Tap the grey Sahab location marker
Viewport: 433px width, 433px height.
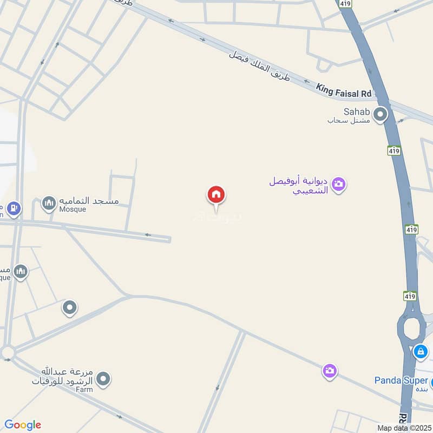pos(381,114)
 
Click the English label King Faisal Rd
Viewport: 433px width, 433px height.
pos(345,90)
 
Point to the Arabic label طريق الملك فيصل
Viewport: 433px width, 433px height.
pos(259,68)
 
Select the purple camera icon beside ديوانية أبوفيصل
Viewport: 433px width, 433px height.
pos(339,185)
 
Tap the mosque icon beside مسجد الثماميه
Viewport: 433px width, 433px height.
pos(49,204)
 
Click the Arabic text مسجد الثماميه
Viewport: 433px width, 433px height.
pos(97,201)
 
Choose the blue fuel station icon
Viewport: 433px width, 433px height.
pos(14,208)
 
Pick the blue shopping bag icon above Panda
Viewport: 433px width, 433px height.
pos(421,352)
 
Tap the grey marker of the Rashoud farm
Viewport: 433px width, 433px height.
pos(103,379)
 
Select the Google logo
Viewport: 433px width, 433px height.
pos(23,425)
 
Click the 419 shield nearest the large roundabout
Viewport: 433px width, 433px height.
pos(410,296)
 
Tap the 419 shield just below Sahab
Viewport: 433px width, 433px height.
pos(394,151)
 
